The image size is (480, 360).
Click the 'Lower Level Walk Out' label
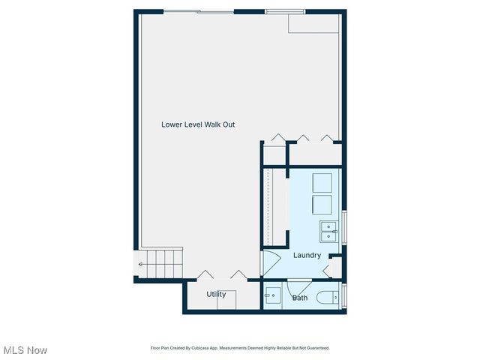click(x=198, y=124)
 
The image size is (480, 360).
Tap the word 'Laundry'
click(x=307, y=255)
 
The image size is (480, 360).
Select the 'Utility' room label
click(x=216, y=294)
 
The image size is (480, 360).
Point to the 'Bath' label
click(x=299, y=298)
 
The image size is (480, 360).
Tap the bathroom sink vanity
click(x=272, y=297)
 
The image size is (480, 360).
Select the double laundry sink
click(x=328, y=232)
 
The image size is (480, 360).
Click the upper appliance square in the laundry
click(x=322, y=183)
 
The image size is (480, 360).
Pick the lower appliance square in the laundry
click(x=322, y=205)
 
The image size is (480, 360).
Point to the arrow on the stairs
click(x=141, y=263)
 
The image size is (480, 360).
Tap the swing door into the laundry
click(x=269, y=262)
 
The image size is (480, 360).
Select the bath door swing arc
click(x=299, y=285)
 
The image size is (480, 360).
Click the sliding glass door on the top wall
click(x=199, y=11)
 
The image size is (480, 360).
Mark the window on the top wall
click(x=284, y=11)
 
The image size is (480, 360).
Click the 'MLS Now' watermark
click(x=25, y=350)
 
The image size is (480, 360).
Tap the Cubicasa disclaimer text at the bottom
click(x=239, y=348)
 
